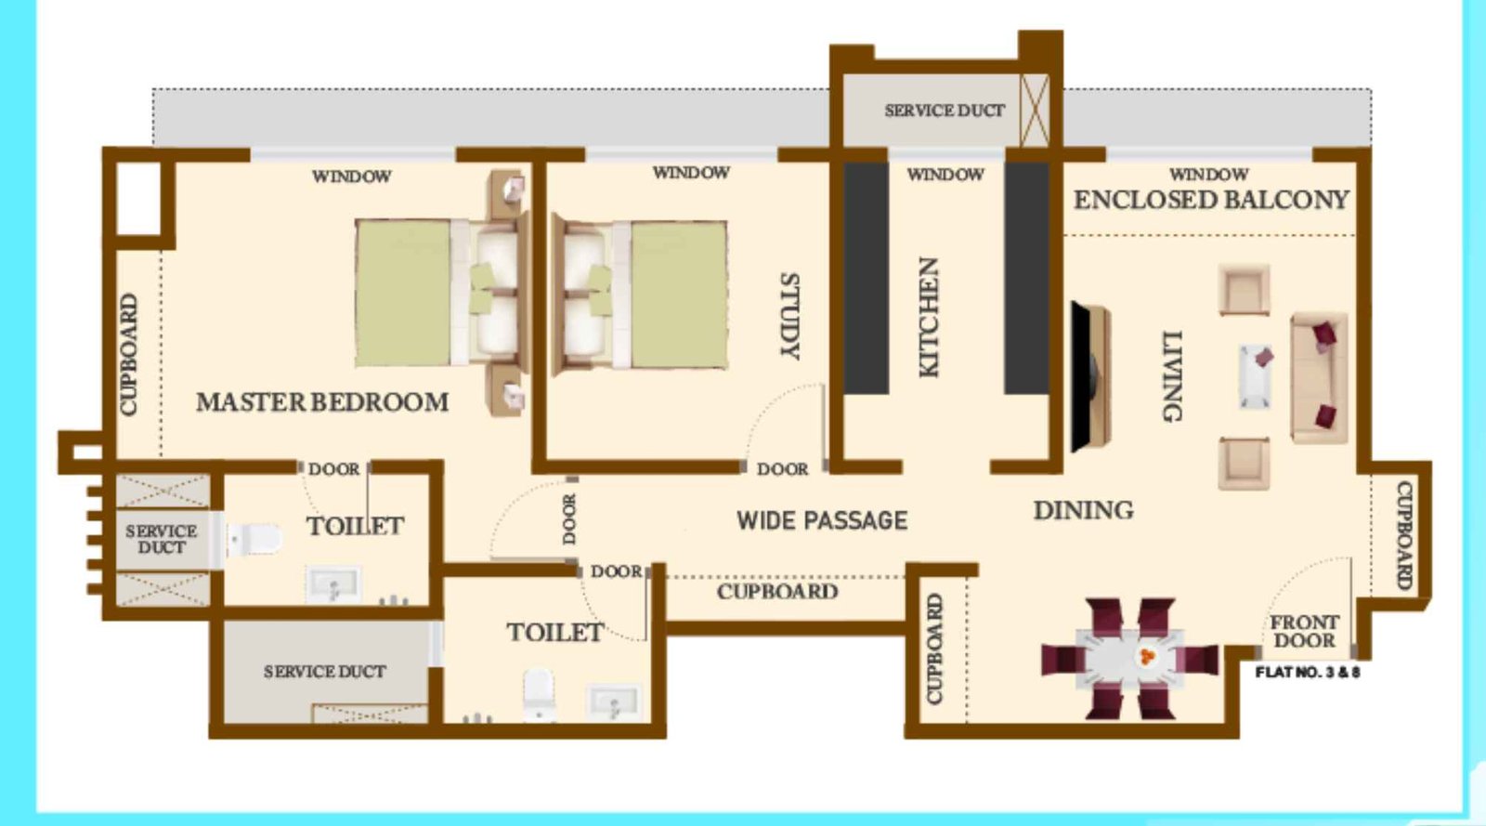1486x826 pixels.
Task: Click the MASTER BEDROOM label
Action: pyautogui.click(x=322, y=402)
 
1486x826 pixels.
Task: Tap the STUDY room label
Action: pyautogui.click(x=789, y=316)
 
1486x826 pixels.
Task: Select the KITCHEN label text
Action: pyautogui.click(x=929, y=317)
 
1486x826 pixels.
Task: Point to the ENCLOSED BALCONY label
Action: pyautogui.click(x=1211, y=200)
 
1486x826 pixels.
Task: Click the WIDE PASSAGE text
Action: pyautogui.click(x=822, y=520)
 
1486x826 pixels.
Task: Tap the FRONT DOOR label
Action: pyautogui.click(x=1304, y=631)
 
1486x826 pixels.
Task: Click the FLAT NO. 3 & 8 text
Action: pyautogui.click(x=1307, y=672)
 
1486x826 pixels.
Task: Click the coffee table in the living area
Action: pyautogui.click(x=1256, y=376)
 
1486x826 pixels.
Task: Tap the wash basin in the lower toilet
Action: pyautogui.click(x=614, y=701)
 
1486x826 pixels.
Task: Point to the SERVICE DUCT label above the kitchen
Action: pyautogui.click(x=944, y=111)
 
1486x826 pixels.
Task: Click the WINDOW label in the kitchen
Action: pyautogui.click(x=945, y=174)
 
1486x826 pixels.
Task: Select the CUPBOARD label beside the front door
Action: pyautogui.click(x=1404, y=534)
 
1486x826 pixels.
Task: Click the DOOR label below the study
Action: pyautogui.click(x=782, y=469)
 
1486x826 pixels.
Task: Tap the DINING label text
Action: pyautogui.click(x=1083, y=510)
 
